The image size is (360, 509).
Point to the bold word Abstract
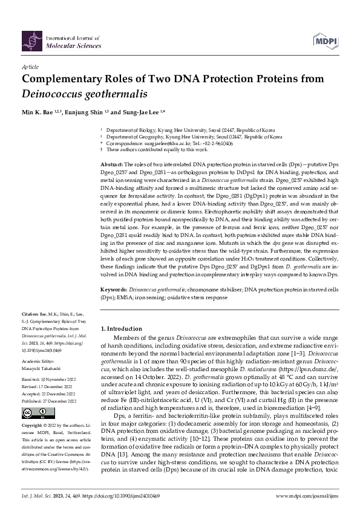click(x=111, y=164)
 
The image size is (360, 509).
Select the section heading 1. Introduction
click(x=125, y=326)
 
